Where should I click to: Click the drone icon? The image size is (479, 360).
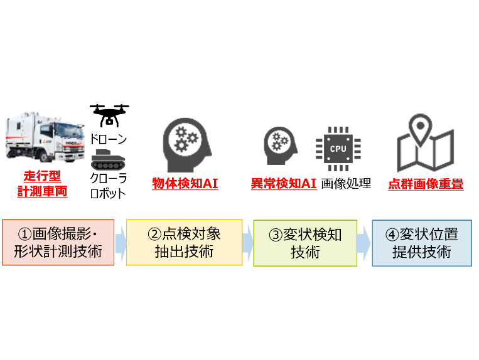tap(109, 115)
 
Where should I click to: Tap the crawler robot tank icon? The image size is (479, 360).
tap(108, 160)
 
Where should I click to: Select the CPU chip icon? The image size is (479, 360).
tap(338, 149)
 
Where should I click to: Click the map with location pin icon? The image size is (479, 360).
tap(425, 143)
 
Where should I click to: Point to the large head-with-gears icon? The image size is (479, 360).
tap(187, 145)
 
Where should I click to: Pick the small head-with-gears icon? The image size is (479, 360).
tap(280, 146)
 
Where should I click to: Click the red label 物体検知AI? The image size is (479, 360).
tap(185, 184)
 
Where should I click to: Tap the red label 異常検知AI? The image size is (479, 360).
tap(284, 184)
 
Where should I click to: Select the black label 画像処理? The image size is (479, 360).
tap(346, 184)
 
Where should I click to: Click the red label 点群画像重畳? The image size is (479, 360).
tap(426, 184)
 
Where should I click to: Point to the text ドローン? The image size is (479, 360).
tap(109, 139)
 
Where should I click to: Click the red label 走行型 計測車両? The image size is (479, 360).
tap(42, 184)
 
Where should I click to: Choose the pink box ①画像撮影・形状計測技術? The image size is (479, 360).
tap(58, 242)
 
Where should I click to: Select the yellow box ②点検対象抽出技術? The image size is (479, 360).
tap(184, 242)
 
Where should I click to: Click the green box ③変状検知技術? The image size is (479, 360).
tap(305, 243)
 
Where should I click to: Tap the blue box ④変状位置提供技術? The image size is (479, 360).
tap(422, 243)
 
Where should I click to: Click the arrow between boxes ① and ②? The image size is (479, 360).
tap(121, 243)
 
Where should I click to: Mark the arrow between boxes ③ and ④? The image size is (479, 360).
tap(363, 243)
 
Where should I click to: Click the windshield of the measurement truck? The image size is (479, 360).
tap(69, 130)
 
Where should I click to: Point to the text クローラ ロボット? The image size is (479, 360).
tap(108, 186)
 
